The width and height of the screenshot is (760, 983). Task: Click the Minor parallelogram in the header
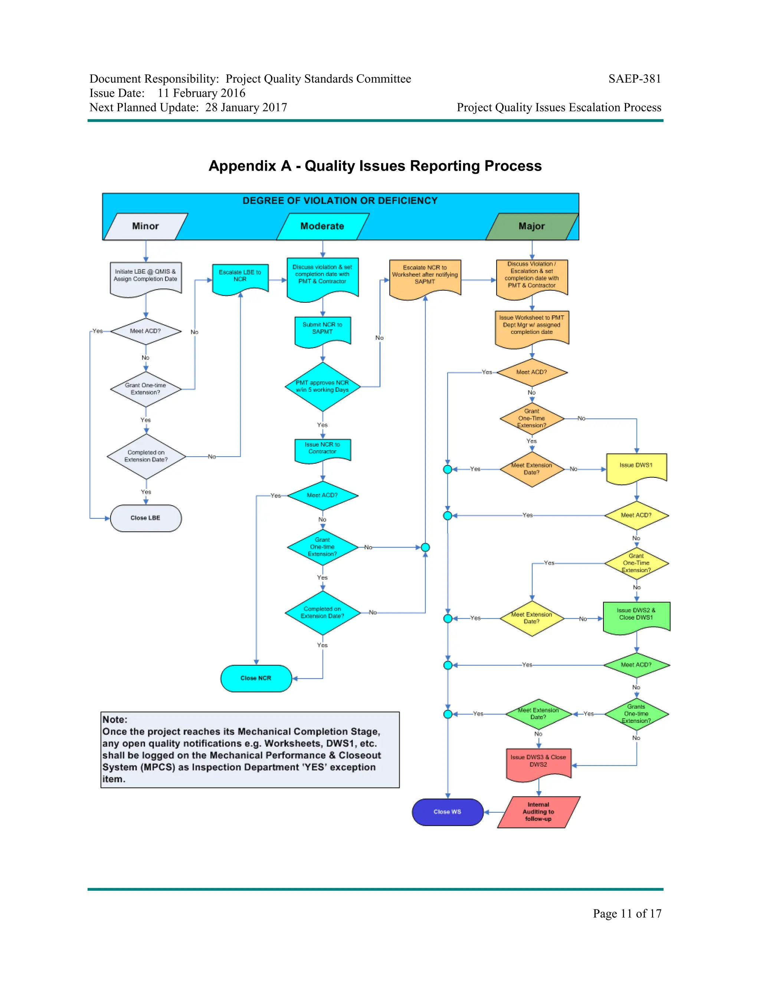[145, 226]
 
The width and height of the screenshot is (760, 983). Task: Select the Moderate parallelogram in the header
[322, 226]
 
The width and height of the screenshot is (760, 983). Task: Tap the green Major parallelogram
[532, 226]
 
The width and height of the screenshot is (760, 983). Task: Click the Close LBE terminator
[145, 518]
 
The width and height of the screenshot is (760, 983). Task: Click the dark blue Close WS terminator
[448, 812]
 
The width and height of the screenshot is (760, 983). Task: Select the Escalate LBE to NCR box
[240, 276]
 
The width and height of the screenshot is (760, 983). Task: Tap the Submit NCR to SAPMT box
[322, 329]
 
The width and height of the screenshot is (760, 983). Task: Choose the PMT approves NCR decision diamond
[322, 387]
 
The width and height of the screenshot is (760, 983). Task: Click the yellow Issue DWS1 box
[636, 466]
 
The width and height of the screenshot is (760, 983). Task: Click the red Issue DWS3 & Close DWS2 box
[538, 762]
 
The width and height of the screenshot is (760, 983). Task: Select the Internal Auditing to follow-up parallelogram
[538, 812]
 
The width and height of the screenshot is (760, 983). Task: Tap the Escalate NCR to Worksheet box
[425, 276]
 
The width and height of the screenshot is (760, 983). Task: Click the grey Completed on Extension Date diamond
[146, 456]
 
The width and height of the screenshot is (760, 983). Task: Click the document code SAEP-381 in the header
[634, 79]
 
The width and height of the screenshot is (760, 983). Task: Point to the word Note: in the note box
[115, 719]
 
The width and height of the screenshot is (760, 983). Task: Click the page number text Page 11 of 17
[627, 913]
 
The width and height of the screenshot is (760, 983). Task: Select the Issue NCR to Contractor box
[322, 449]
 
